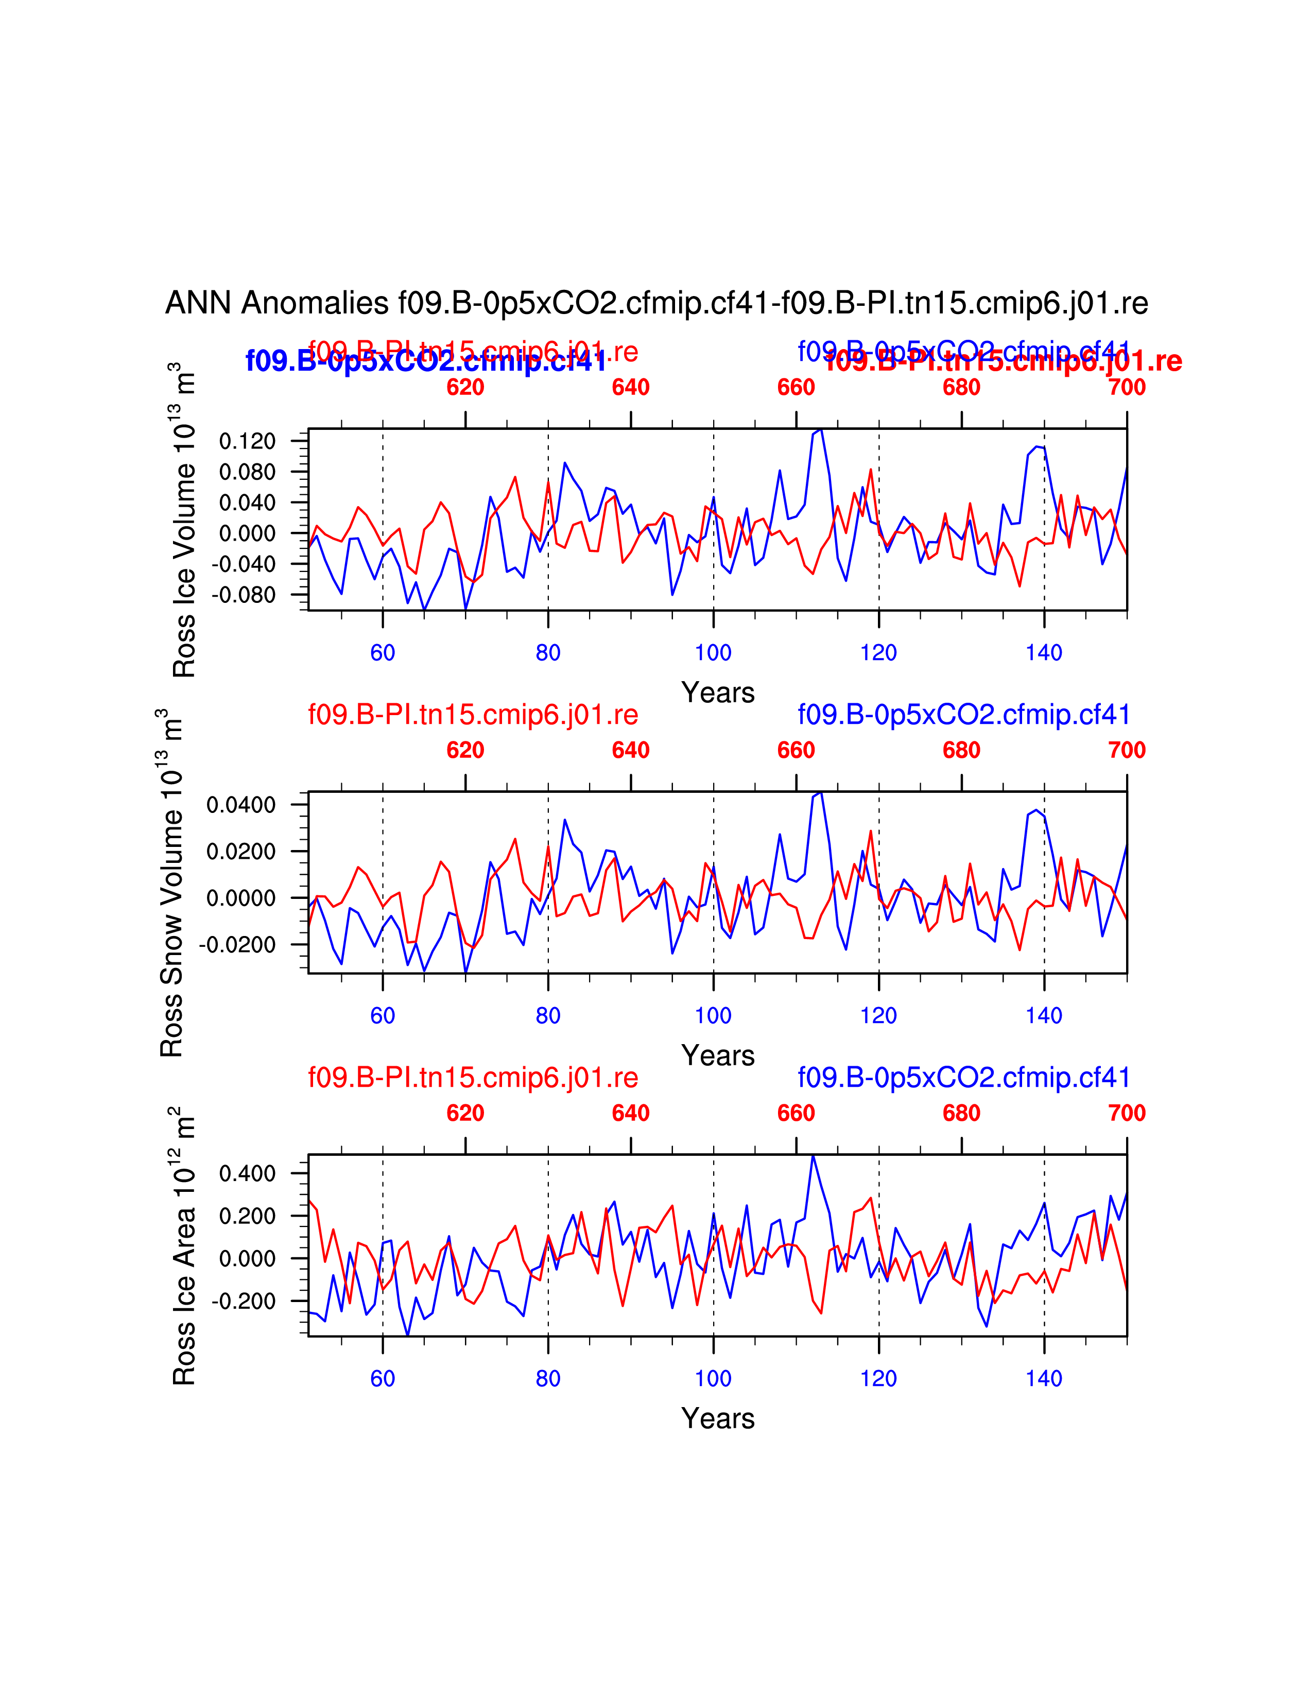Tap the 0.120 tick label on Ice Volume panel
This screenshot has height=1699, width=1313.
[x=247, y=441]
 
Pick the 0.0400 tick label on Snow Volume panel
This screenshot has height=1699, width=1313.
[x=240, y=804]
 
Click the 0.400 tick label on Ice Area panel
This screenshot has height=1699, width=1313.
[x=247, y=1173]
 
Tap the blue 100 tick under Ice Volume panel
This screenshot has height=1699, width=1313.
[x=713, y=653]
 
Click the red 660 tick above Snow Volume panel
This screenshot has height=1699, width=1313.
[x=796, y=750]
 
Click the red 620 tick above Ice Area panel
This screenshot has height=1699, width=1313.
[x=465, y=1113]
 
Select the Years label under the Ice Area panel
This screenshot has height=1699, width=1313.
[x=717, y=1418]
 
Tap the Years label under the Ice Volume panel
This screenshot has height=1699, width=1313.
[x=717, y=692]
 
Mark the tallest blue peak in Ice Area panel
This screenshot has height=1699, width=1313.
[x=813, y=1156]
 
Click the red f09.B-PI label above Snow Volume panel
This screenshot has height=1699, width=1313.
[x=473, y=714]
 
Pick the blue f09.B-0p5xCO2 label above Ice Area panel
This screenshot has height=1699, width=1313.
[x=963, y=1078]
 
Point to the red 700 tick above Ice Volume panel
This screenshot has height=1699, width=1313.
[x=1126, y=387]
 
